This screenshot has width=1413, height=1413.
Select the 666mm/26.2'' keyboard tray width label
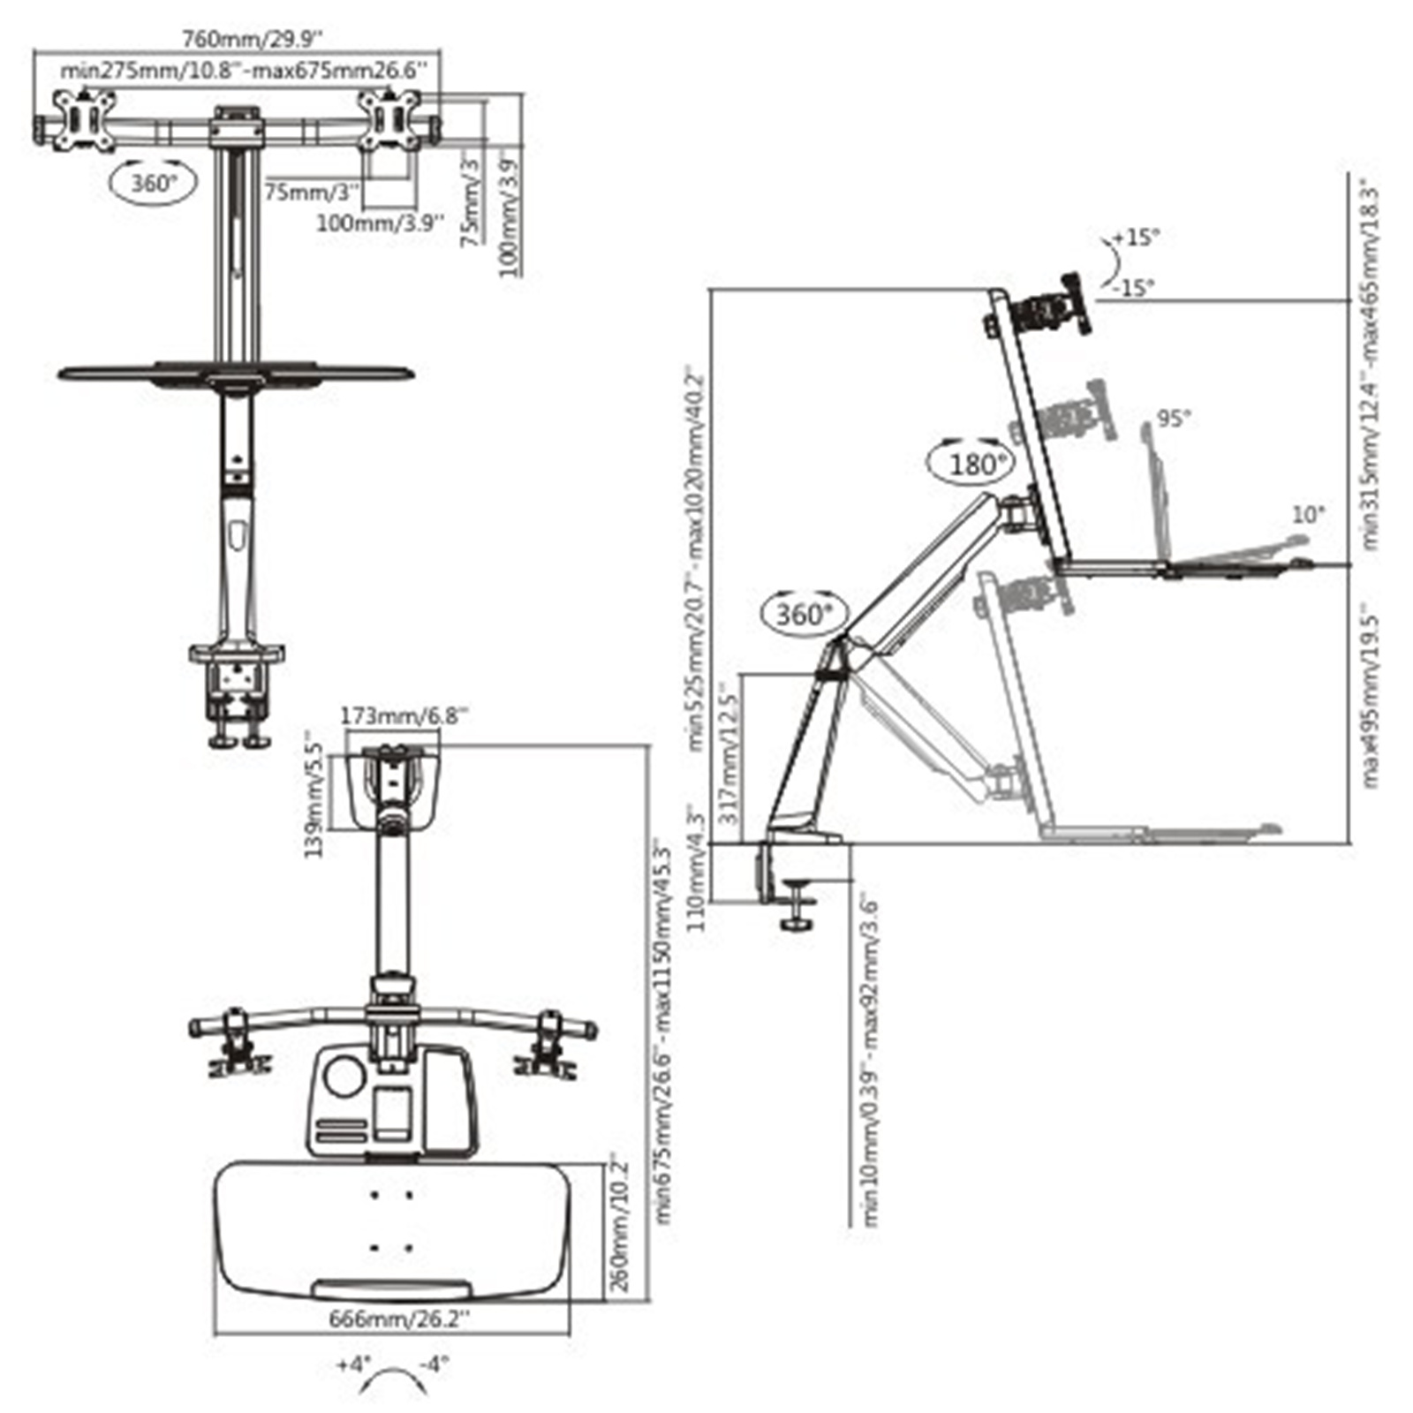399,1319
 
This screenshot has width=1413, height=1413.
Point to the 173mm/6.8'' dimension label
403,714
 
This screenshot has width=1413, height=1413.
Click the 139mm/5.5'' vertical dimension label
314,793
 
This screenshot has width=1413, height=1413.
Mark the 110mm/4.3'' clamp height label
698,870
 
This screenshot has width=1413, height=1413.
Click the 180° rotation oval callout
972,463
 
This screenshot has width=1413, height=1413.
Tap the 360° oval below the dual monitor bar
154,183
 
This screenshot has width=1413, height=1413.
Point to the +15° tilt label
1137,237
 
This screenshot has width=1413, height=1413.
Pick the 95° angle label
1174,418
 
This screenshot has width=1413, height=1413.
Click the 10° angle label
1308,514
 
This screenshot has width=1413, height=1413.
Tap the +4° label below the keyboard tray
353,1364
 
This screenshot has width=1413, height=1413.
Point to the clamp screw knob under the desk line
797,924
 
